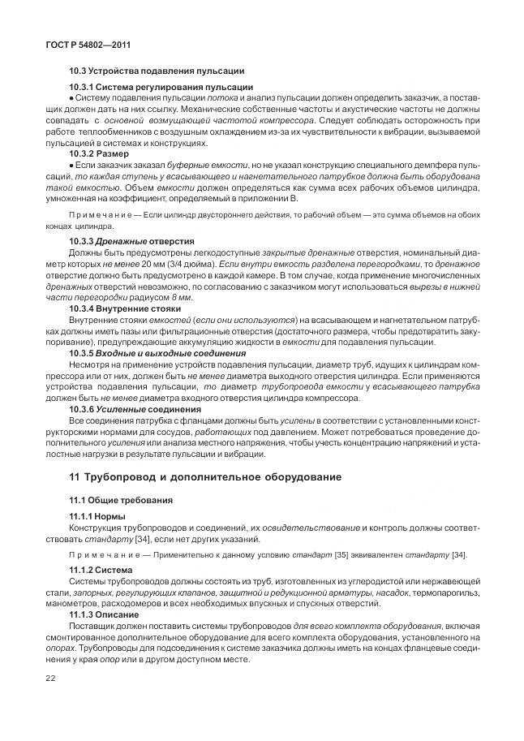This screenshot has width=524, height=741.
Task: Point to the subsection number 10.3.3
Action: point(82,240)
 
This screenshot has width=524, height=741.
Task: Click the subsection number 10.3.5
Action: point(82,353)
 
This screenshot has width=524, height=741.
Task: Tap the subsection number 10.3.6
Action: point(82,408)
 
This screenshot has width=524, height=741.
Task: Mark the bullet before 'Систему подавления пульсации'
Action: point(72,97)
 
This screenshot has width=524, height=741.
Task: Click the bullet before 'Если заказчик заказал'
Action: point(72,163)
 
